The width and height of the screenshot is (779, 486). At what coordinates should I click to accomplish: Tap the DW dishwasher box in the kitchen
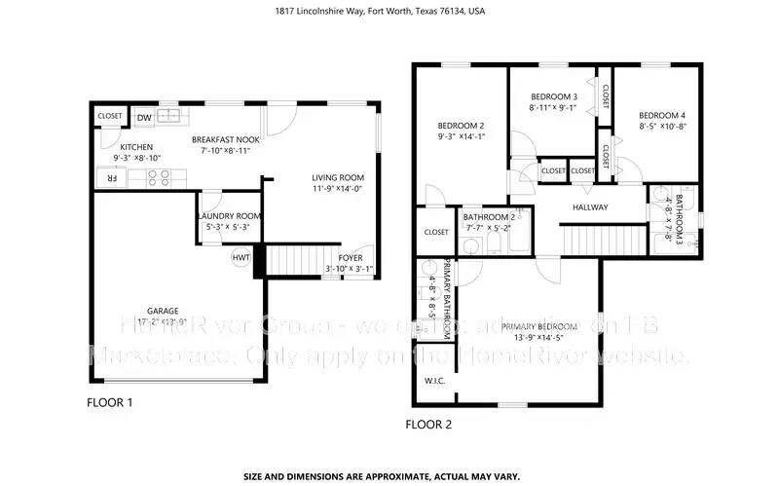click(x=144, y=118)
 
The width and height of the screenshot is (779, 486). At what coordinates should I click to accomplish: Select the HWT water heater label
click(x=239, y=258)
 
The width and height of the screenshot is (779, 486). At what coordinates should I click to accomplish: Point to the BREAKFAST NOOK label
click(x=225, y=139)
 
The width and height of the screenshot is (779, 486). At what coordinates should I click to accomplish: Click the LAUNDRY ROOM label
click(x=229, y=215)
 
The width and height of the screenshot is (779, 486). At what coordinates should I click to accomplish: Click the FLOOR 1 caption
click(x=110, y=402)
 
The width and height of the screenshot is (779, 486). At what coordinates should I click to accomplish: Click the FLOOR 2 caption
click(x=427, y=425)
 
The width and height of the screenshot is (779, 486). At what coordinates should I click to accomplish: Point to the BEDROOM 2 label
click(x=461, y=126)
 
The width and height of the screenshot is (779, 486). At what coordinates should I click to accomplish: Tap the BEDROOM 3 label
click(x=554, y=96)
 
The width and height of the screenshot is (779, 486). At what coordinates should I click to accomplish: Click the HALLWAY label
click(x=590, y=207)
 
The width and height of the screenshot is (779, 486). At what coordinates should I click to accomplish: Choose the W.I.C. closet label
click(x=434, y=381)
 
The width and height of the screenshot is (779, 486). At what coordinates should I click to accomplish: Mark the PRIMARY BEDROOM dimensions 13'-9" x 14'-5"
click(x=552, y=339)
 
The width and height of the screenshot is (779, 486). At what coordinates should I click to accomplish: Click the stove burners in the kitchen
click(x=158, y=178)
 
